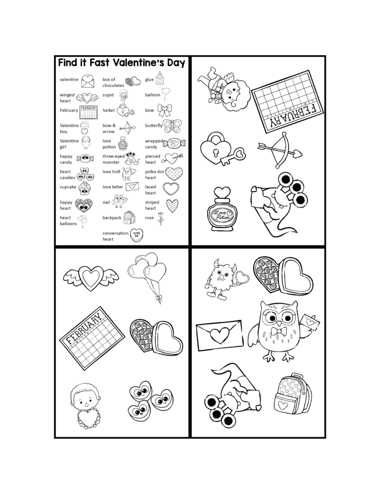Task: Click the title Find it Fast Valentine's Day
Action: coord(122,63)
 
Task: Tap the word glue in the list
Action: coord(149,79)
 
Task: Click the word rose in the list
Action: coord(149,218)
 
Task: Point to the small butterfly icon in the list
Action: coord(172,126)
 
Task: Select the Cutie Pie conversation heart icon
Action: coord(136,236)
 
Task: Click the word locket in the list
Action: coord(108,110)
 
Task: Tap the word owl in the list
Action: coord(106,203)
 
